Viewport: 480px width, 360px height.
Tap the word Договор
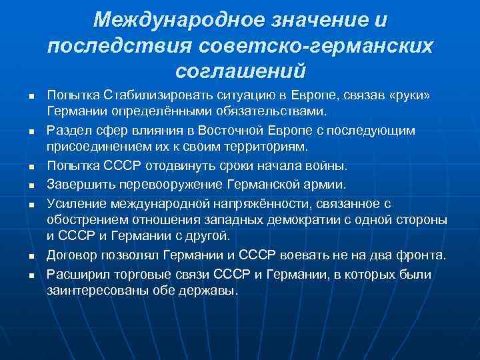[x=71, y=255]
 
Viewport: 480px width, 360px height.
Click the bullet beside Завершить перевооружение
[x=31, y=183]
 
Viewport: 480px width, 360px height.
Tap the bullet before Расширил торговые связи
[x=31, y=275]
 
